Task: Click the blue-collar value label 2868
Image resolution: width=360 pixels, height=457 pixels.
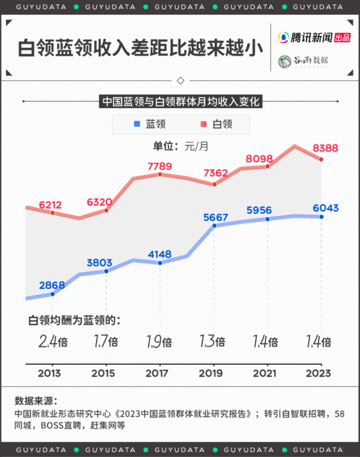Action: (52, 285)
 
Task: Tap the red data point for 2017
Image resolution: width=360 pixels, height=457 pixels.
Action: (160, 174)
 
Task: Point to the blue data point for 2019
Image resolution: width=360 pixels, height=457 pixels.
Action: (214, 225)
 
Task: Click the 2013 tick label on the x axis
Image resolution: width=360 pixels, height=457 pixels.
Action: (49, 374)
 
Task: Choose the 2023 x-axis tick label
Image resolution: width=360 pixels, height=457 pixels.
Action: (319, 374)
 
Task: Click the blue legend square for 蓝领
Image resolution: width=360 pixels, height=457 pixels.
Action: (137, 124)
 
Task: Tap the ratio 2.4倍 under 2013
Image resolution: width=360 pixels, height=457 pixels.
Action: (53, 342)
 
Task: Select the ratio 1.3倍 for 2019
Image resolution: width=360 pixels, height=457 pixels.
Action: (213, 342)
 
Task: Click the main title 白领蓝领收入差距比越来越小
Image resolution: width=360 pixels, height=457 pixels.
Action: (136, 49)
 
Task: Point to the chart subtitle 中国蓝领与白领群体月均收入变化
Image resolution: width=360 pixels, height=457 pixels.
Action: (180, 101)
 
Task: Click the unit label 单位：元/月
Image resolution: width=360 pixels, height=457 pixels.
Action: (180, 146)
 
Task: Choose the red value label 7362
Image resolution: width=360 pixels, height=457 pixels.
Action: (215, 173)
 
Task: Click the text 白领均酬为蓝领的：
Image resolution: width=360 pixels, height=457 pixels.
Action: (74, 320)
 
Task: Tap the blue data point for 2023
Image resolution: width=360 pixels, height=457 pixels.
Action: (321, 217)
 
